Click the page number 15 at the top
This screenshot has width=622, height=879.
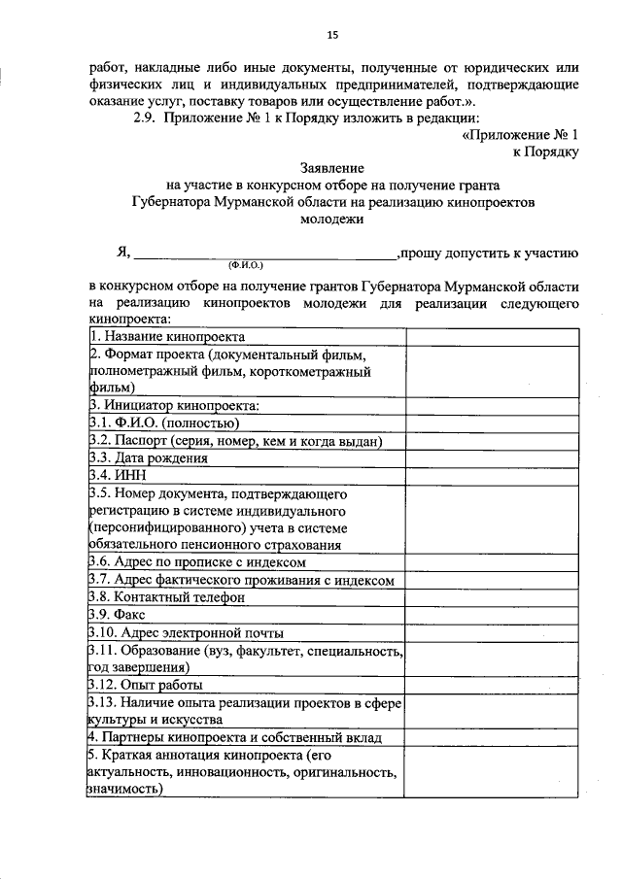tap(331, 36)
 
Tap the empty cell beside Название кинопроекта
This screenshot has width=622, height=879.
tap(492, 336)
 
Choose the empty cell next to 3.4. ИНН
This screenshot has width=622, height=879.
tap(492, 476)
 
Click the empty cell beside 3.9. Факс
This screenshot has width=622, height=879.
tap(492, 615)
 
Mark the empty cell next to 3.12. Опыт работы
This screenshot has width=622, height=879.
tap(492, 685)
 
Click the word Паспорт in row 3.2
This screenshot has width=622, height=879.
tap(149, 441)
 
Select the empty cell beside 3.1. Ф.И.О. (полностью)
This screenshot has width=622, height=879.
tap(492, 423)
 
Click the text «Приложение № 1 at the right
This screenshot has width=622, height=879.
tap(521, 135)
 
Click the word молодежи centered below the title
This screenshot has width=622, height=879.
tap(332, 220)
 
